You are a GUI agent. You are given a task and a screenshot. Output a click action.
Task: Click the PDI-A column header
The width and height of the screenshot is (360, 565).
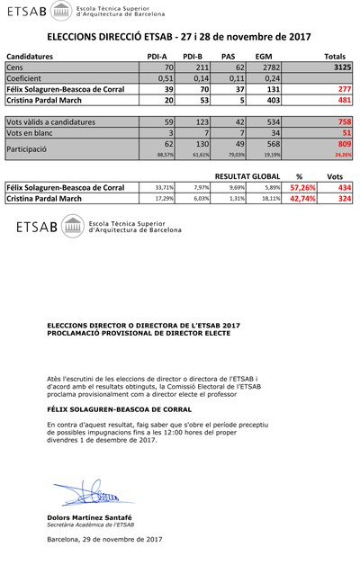tap(157, 56)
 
